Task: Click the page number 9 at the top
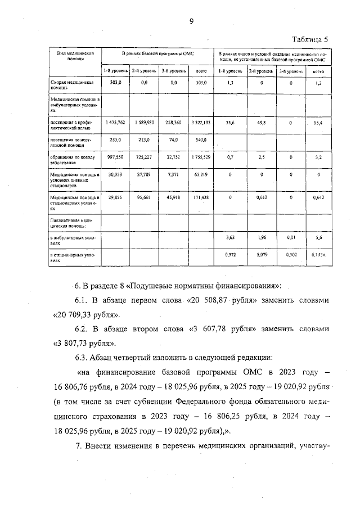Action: [x=191, y=21]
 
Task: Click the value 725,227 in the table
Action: [x=144, y=159]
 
